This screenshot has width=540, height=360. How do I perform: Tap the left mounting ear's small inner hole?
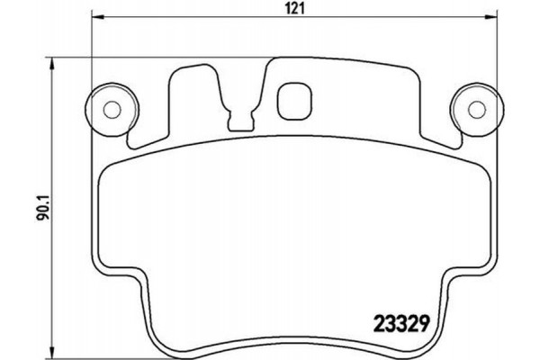tap(112, 110)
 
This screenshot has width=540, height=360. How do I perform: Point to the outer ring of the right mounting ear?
tap(490, 111)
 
